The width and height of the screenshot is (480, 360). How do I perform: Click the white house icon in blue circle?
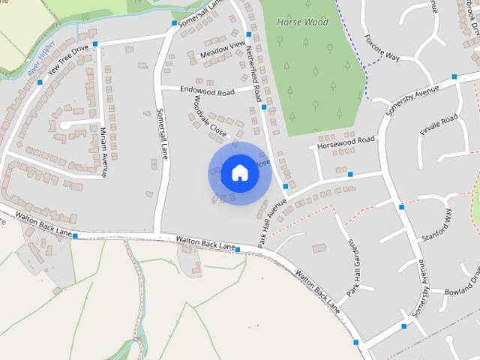click(x=239, y=173)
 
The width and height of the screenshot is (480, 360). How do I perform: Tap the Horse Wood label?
click(x=303, y=22)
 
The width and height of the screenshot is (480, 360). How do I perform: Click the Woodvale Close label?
click(x=209, y=117)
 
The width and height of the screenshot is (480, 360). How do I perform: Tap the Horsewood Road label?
click(x=345, y=142)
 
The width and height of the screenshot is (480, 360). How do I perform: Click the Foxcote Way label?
click(x=383, y=46)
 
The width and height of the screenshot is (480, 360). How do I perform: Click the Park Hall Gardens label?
click(x=350, y=268)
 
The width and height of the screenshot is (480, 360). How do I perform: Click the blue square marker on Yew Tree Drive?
click(x=94, y=43)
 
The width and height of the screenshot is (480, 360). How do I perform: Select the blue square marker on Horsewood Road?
click(x=350, y=174)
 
